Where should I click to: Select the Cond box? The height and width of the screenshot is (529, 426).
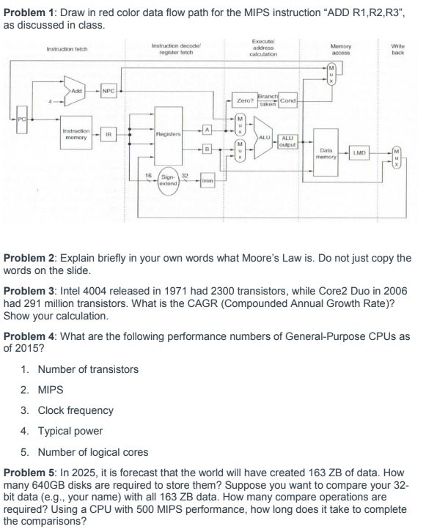coord(287,101)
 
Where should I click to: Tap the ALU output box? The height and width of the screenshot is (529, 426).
coord(287,139)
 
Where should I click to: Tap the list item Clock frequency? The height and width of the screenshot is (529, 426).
coord(76,410)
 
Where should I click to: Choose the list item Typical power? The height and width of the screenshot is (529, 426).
coord(71,430)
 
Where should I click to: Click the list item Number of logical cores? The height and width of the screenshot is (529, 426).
coord(88,450)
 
